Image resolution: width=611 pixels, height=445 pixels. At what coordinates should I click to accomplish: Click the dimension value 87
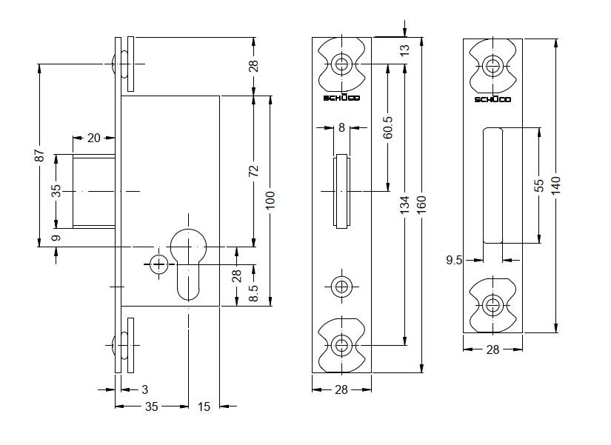coord(41,156)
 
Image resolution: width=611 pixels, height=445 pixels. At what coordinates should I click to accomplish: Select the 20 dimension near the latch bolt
coord(94,138)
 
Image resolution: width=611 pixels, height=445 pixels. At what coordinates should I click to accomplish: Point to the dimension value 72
coord(253,170)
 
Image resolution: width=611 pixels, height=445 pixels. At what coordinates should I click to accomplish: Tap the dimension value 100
coord(270,200)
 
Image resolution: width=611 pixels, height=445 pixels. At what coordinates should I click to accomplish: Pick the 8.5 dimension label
coord(253,294)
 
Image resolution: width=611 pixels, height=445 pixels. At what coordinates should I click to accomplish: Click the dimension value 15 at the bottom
coord(204,406)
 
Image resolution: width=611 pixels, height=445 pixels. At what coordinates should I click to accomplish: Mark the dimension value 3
coord(144,389)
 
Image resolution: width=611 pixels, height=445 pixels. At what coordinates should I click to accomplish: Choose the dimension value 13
coord(404,51)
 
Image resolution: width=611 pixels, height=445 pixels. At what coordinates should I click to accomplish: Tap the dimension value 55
coord(539,184)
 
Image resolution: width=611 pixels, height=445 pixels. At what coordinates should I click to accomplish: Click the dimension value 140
coord(556,184)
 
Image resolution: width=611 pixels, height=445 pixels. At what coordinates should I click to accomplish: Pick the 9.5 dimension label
coord(454,260)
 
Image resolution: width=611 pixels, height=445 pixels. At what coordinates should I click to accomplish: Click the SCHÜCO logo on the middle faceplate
coord(341,98)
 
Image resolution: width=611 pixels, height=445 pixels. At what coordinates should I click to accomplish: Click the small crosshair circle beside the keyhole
coord(157,263)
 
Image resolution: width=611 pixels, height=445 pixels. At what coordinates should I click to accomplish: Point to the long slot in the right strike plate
coord(493,185)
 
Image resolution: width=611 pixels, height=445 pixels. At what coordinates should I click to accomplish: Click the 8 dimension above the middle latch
coord(341,127)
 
